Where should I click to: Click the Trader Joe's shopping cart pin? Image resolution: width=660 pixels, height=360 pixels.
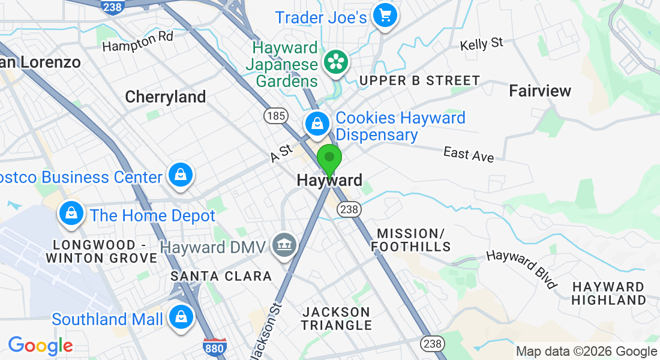coord(385,16)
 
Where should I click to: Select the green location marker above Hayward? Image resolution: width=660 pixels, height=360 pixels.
coord(329,159)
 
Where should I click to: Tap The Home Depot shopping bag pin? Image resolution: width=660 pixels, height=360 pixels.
coord(71,213)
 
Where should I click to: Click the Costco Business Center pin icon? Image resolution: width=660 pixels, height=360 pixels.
coord(180,176)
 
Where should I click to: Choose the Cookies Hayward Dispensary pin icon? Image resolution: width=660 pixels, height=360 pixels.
coord(317,124)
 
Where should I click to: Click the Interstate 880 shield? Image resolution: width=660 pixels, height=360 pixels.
coord(219,347)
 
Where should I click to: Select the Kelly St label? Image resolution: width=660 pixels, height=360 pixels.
coord(481,44)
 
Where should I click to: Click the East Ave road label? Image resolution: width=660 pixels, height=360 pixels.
coord(469,154)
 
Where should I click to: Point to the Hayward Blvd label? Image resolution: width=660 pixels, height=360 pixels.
coord(521,268)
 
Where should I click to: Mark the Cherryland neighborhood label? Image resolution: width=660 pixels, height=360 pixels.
coord(166,97)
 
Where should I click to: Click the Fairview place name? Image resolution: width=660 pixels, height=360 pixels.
coord(540,91)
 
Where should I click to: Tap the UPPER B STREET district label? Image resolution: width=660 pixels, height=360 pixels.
coord(419,80)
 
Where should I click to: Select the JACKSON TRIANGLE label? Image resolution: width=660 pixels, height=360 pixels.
coord(337,319)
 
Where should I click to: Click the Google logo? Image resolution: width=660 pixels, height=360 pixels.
coord(40,346)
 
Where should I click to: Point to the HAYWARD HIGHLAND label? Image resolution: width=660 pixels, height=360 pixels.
coord(608,293)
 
